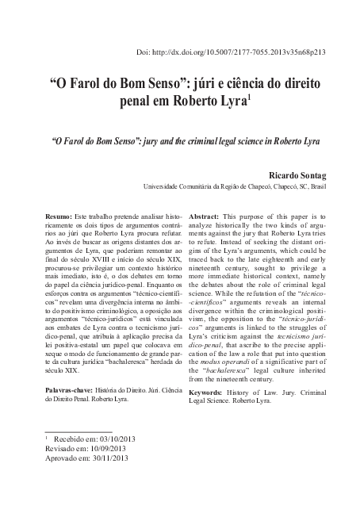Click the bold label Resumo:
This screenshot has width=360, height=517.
pyautogui.click(x=58, y=216)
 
